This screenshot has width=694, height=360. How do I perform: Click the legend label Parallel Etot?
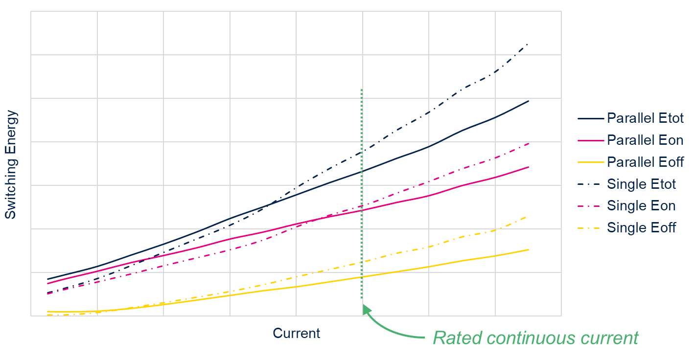(x=645, y=118)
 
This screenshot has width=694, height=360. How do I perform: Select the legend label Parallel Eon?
(x=645, y=140)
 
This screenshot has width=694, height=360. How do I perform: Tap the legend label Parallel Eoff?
(x=645, y=162)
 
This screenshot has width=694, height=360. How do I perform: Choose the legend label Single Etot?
(x=641, y=184)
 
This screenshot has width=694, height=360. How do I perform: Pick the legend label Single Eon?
(x=641, y=206)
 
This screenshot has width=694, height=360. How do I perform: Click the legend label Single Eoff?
(x=641, y=227)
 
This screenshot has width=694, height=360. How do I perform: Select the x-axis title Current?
(x=296, y=334)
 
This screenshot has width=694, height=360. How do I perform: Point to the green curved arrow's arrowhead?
(x=366, y=308)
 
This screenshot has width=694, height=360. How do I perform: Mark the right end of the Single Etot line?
(x=528, y=45)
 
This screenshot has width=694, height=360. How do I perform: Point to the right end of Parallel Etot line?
(x=529, y=101)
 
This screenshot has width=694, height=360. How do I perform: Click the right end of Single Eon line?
(x=529, y=143)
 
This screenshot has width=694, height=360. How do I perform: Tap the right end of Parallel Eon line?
(x=529, y=167)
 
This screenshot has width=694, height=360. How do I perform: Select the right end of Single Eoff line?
(x=527, y=216)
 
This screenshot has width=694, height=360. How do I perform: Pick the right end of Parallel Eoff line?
(x=529, y=249)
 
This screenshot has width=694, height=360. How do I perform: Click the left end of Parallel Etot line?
(x=47, y=279)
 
